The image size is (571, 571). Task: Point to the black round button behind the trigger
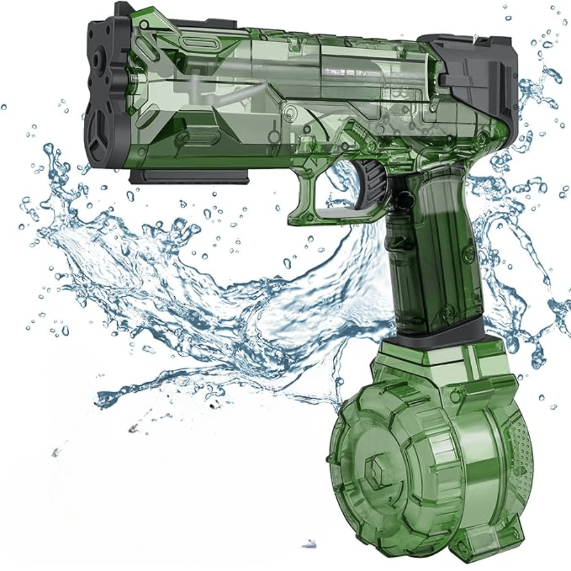[405, 199]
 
